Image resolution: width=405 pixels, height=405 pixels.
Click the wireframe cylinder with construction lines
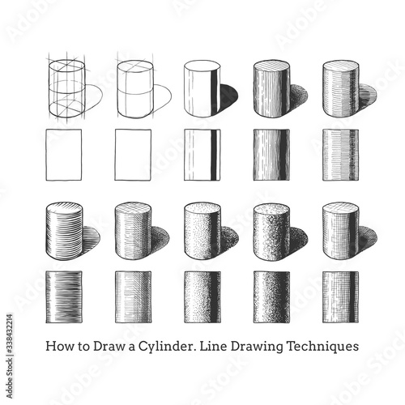66,88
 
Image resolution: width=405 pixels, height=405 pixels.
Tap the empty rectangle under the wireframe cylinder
64,155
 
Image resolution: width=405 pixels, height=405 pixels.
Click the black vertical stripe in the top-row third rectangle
214,155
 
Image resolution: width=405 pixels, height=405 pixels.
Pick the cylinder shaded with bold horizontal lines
64,232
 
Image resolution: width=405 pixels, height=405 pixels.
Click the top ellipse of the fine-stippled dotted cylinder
202,210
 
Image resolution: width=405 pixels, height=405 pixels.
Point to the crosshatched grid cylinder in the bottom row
341,232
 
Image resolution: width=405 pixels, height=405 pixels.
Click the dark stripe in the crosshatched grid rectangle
352,297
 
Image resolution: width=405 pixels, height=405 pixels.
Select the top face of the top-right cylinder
341,68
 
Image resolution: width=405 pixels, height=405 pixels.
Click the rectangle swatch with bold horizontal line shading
64,297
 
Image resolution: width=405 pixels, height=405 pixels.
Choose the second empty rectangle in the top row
133,155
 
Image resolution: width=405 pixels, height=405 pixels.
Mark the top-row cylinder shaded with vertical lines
271,88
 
